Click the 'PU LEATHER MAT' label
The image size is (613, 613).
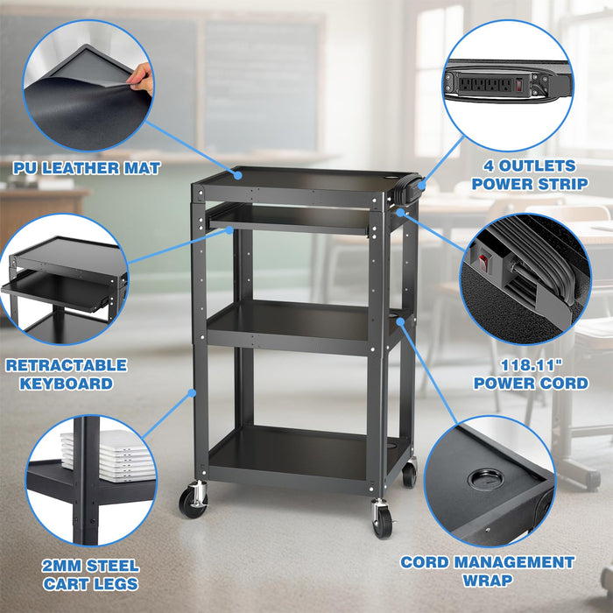(x=86, y=167)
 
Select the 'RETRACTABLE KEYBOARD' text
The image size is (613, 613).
(x=66, y=374)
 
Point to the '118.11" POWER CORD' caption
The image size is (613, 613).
(x=531, y=375)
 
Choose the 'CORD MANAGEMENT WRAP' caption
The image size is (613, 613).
(x=487, y=570)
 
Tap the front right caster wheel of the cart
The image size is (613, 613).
(x=383, y=519)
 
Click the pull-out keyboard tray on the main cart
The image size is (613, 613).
(x=289, y=219)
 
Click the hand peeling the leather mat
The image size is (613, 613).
(x=144, y=81)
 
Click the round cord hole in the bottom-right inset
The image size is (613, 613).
(x=483, y=478)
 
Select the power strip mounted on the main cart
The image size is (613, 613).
(x=412, y=187)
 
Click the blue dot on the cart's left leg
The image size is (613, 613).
(x=191, y=392)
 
